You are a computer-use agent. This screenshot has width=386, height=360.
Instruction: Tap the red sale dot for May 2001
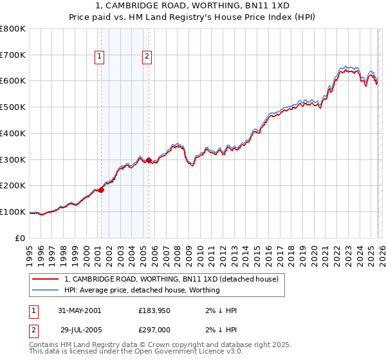click(x=101, y=190)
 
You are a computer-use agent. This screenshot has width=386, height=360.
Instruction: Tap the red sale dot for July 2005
click(x=149, y=160)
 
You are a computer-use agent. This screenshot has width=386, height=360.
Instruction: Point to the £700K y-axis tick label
click(x=13, y=55)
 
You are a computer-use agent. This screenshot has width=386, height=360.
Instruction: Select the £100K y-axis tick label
click(x=13, y=212)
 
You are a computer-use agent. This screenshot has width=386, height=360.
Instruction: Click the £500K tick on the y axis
click(x=13, y=107)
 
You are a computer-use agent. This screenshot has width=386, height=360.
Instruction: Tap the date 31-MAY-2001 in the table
click(x=79, y=310)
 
